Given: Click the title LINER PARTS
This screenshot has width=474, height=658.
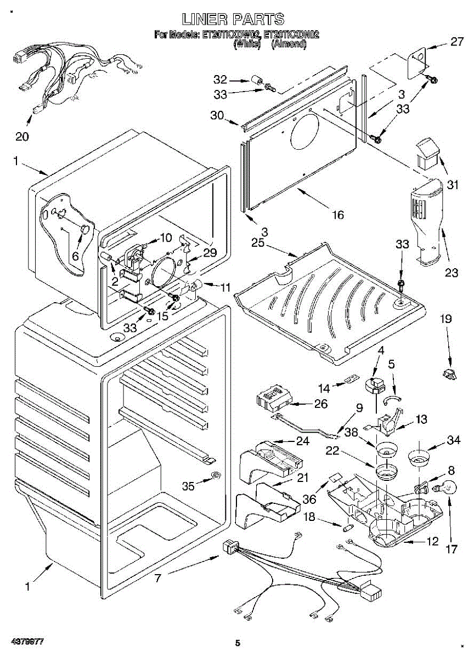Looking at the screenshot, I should tap(233, 20).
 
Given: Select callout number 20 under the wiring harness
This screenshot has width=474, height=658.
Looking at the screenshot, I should tap(22, 137).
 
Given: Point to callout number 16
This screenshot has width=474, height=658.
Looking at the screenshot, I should tap(338, 215).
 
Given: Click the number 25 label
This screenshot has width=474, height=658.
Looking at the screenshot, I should tap(259, 242).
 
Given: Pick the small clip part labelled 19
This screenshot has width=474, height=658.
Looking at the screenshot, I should tap(449, 375).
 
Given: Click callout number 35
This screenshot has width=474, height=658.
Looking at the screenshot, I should tap(188, 486).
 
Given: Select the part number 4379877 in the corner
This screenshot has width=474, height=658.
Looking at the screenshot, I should tap(26, 641).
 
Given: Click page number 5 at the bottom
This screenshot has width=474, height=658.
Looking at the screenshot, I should tap(238, 643).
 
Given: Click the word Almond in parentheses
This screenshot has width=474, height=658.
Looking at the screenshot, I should tap(289, 44).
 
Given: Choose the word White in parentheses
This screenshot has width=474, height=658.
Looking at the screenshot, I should tap(246, 44).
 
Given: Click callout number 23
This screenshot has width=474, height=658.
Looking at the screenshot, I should tap(451, 273).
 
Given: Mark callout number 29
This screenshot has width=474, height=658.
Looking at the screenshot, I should tap(210, 253).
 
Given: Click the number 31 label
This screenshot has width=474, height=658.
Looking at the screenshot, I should tap(452, 185).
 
